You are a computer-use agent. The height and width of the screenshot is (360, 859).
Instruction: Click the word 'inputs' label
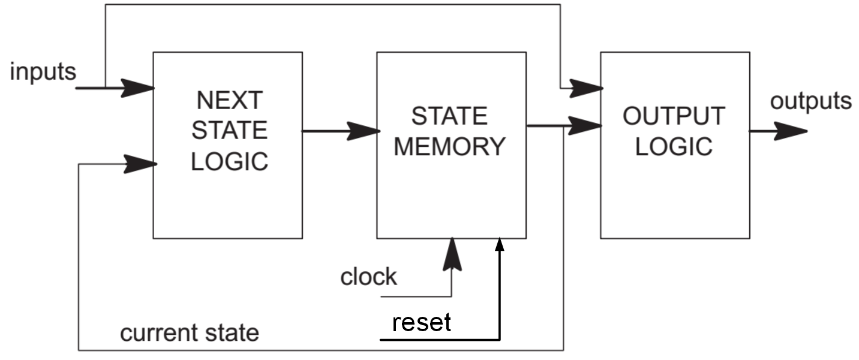pos(43,71)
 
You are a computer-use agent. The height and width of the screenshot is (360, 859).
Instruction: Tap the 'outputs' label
pos(810,101)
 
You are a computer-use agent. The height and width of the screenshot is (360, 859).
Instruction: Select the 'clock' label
pos(368,277)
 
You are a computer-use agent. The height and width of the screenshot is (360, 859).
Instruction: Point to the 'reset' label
pos(421,322)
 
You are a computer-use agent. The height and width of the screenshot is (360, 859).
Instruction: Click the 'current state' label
pos(190,332)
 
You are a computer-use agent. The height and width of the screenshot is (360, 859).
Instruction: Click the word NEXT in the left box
pos(229,100)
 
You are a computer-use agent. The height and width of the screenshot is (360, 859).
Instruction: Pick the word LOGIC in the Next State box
pos(229,161)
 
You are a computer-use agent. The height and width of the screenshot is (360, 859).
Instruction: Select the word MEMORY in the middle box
pos(449,146)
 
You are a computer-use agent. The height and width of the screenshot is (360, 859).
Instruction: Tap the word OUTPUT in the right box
pos(674,116)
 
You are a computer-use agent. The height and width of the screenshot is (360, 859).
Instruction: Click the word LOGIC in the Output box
pos(674,146)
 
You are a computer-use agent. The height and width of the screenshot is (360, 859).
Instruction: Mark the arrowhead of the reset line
pos(499,243)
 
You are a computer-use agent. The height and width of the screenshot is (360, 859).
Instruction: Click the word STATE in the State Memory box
pos(449,116)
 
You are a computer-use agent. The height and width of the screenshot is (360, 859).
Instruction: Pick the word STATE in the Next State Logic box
pos(229,131)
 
